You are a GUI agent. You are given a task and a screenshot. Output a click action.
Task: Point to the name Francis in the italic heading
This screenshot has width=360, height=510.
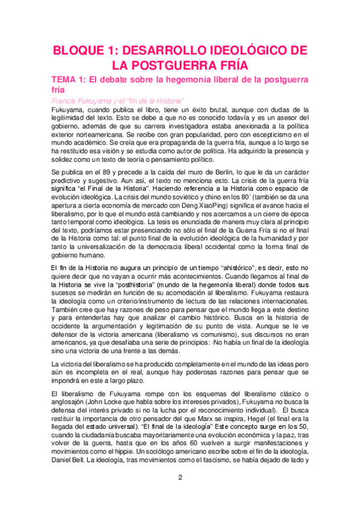pyautogui.click(x=67, y=100)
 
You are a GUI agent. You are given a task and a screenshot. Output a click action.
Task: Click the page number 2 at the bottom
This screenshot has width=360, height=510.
pyautogui.click(x=180, y=478)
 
